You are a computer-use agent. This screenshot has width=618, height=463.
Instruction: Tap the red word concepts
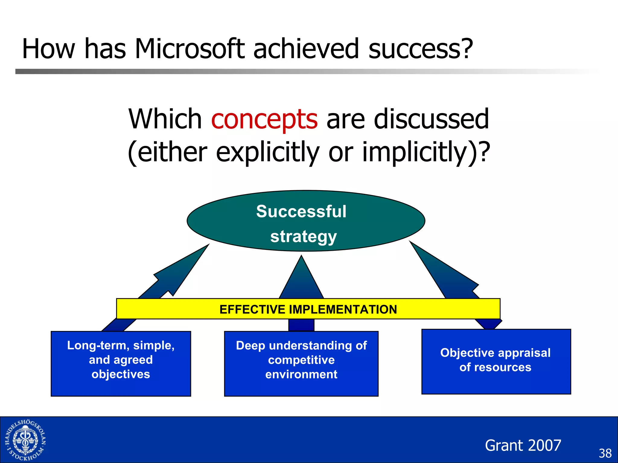264,119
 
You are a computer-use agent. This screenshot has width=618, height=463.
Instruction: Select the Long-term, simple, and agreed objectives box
121,364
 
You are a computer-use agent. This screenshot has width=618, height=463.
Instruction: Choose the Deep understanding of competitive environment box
301,364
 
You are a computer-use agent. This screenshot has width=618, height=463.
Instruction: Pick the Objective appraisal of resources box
496,361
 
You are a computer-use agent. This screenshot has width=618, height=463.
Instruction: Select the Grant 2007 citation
523,445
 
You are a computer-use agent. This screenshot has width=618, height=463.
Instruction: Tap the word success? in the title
421,49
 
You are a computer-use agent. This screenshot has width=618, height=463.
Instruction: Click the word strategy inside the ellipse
303,236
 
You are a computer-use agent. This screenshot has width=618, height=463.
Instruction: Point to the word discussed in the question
431,119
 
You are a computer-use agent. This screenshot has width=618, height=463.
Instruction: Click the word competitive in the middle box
301,360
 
